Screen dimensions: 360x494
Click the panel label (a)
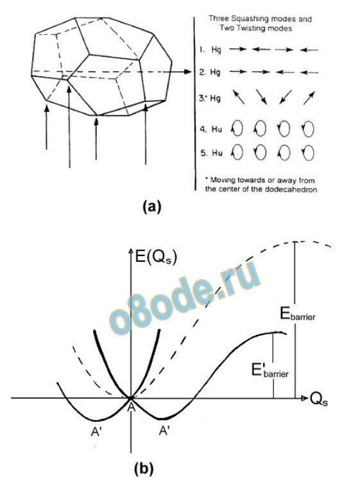pos(151,207)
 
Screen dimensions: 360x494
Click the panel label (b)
pos(144,468)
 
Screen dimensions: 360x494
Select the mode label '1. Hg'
pos(210,50)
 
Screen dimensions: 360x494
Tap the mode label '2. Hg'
pos(210,72)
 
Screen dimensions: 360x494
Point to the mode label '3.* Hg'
pos(210,98)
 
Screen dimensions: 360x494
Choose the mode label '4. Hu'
pos(211,129)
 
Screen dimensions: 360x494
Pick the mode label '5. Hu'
pos(211,153)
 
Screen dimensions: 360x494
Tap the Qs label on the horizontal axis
pos(318,400)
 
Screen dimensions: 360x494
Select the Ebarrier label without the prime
pos(298,314)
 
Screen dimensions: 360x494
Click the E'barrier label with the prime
pos(270,370)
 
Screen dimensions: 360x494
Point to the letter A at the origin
pos(131,407)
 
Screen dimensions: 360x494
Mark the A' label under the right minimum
pos(164,430)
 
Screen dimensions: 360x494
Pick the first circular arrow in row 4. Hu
pos(237,128)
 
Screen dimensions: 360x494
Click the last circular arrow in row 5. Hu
pos(308,153)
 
